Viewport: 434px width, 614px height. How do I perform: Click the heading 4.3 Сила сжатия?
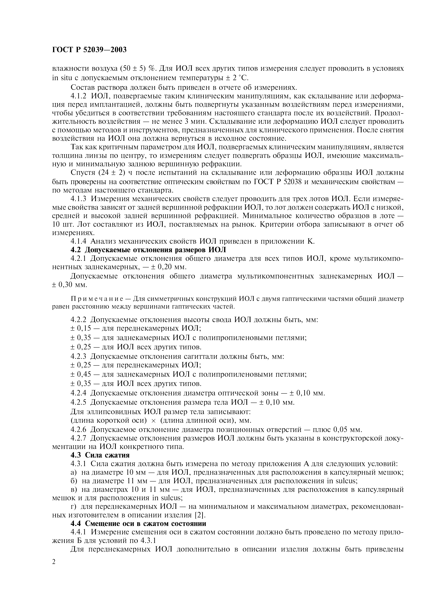tap(100, 455)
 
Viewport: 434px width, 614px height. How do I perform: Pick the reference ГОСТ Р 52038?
tap(277, 182)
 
